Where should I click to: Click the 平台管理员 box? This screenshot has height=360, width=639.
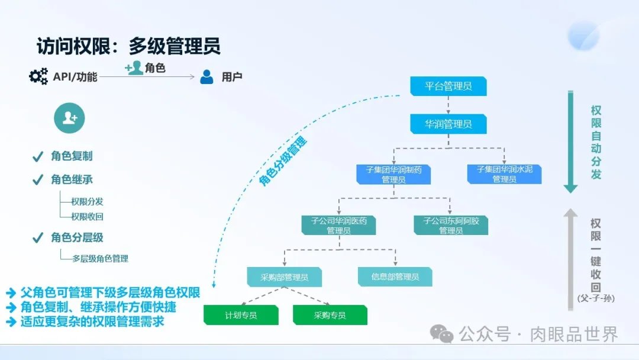(x=448, y=86)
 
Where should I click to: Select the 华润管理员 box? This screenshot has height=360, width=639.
(x=448, y=124)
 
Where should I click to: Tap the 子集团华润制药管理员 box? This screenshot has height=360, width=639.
(x=393, y=174)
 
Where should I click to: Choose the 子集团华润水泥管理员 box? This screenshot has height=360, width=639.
(x=504, y=174)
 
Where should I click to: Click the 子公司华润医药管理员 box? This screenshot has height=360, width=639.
(x=338, y=225)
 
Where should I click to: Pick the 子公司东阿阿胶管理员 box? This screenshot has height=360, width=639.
(x=451, y=225)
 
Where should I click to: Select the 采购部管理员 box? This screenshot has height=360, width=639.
(x=285, y=277)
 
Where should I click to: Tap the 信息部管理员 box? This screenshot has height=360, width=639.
(x=395, y=277)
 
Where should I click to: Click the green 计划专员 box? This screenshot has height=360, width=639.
(x=241, y=315)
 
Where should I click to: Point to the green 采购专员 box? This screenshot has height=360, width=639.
(x=330, y=315)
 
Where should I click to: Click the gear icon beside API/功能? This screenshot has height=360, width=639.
(x=38, y=76)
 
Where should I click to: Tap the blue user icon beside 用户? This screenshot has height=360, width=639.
(x=206, y=77)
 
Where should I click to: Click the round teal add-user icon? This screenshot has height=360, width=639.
(x=69, y=118)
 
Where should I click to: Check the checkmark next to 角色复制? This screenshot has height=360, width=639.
(x=38, y=157)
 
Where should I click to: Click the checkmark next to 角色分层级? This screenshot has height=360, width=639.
(x=38, y=238)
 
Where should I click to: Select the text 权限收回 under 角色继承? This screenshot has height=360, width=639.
(x=87, y=217)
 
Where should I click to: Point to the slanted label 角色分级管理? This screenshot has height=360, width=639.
(x=283, y=161)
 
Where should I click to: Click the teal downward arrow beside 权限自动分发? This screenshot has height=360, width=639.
(x=570, y=142)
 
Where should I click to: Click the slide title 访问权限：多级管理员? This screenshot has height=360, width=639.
(x=128, y=46)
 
